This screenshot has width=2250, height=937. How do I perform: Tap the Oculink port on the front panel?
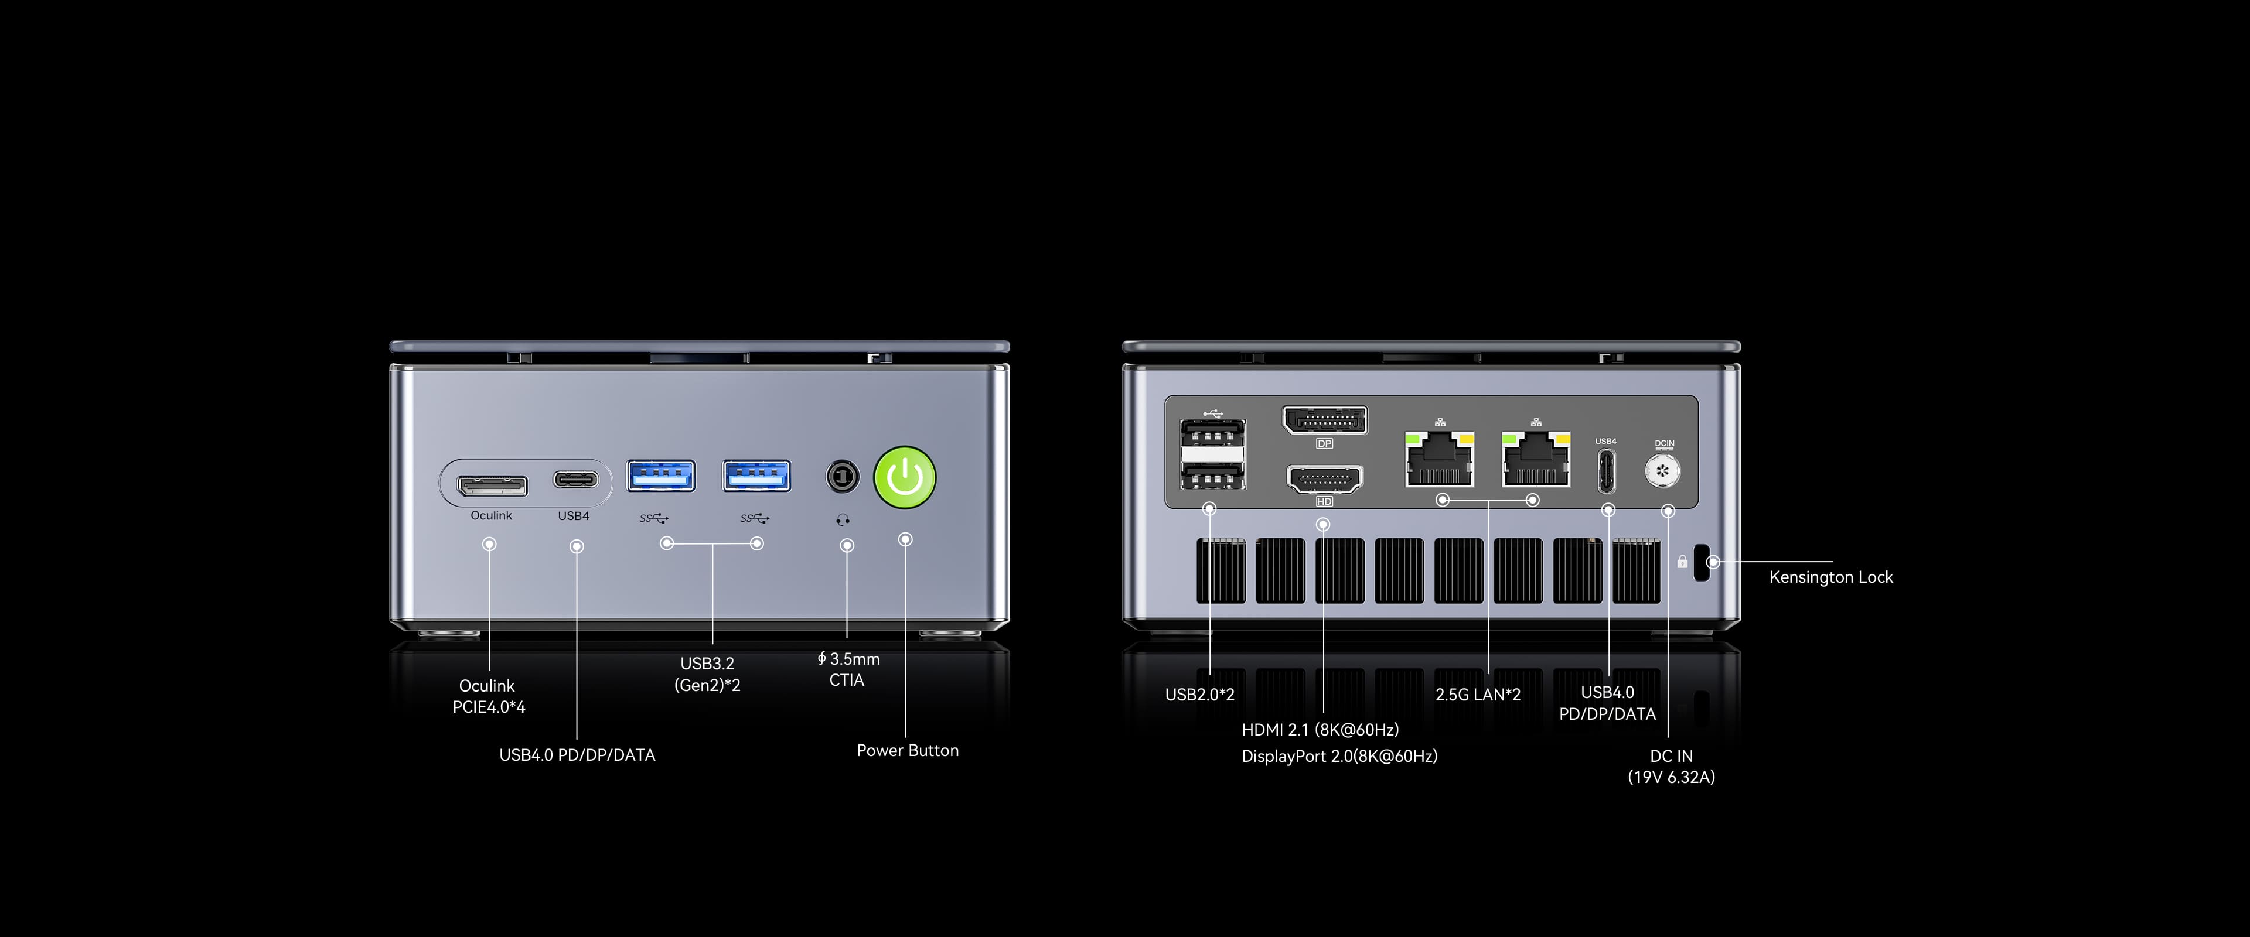point(492,485)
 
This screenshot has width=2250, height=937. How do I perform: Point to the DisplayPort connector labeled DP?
point(1324,421)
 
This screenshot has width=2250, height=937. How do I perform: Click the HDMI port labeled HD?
point(1324,480)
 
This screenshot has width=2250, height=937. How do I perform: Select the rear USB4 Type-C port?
point(1605,471)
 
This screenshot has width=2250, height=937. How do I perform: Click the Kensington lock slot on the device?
point(1702,562)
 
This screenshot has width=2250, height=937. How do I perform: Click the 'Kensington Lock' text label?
point(1830,577)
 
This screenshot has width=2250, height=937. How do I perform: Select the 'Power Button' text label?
point(908,750)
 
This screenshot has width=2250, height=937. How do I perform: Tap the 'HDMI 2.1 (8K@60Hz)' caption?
point(1320,729)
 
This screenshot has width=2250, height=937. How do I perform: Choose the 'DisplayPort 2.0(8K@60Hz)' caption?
point(1339,756)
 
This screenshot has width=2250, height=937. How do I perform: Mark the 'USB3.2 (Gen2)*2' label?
point(707,674)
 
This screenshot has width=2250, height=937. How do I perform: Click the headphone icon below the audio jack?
point(843,519)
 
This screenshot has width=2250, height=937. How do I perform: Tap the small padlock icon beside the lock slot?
point(1682,562)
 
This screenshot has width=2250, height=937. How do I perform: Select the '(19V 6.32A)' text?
point(1671,777)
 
